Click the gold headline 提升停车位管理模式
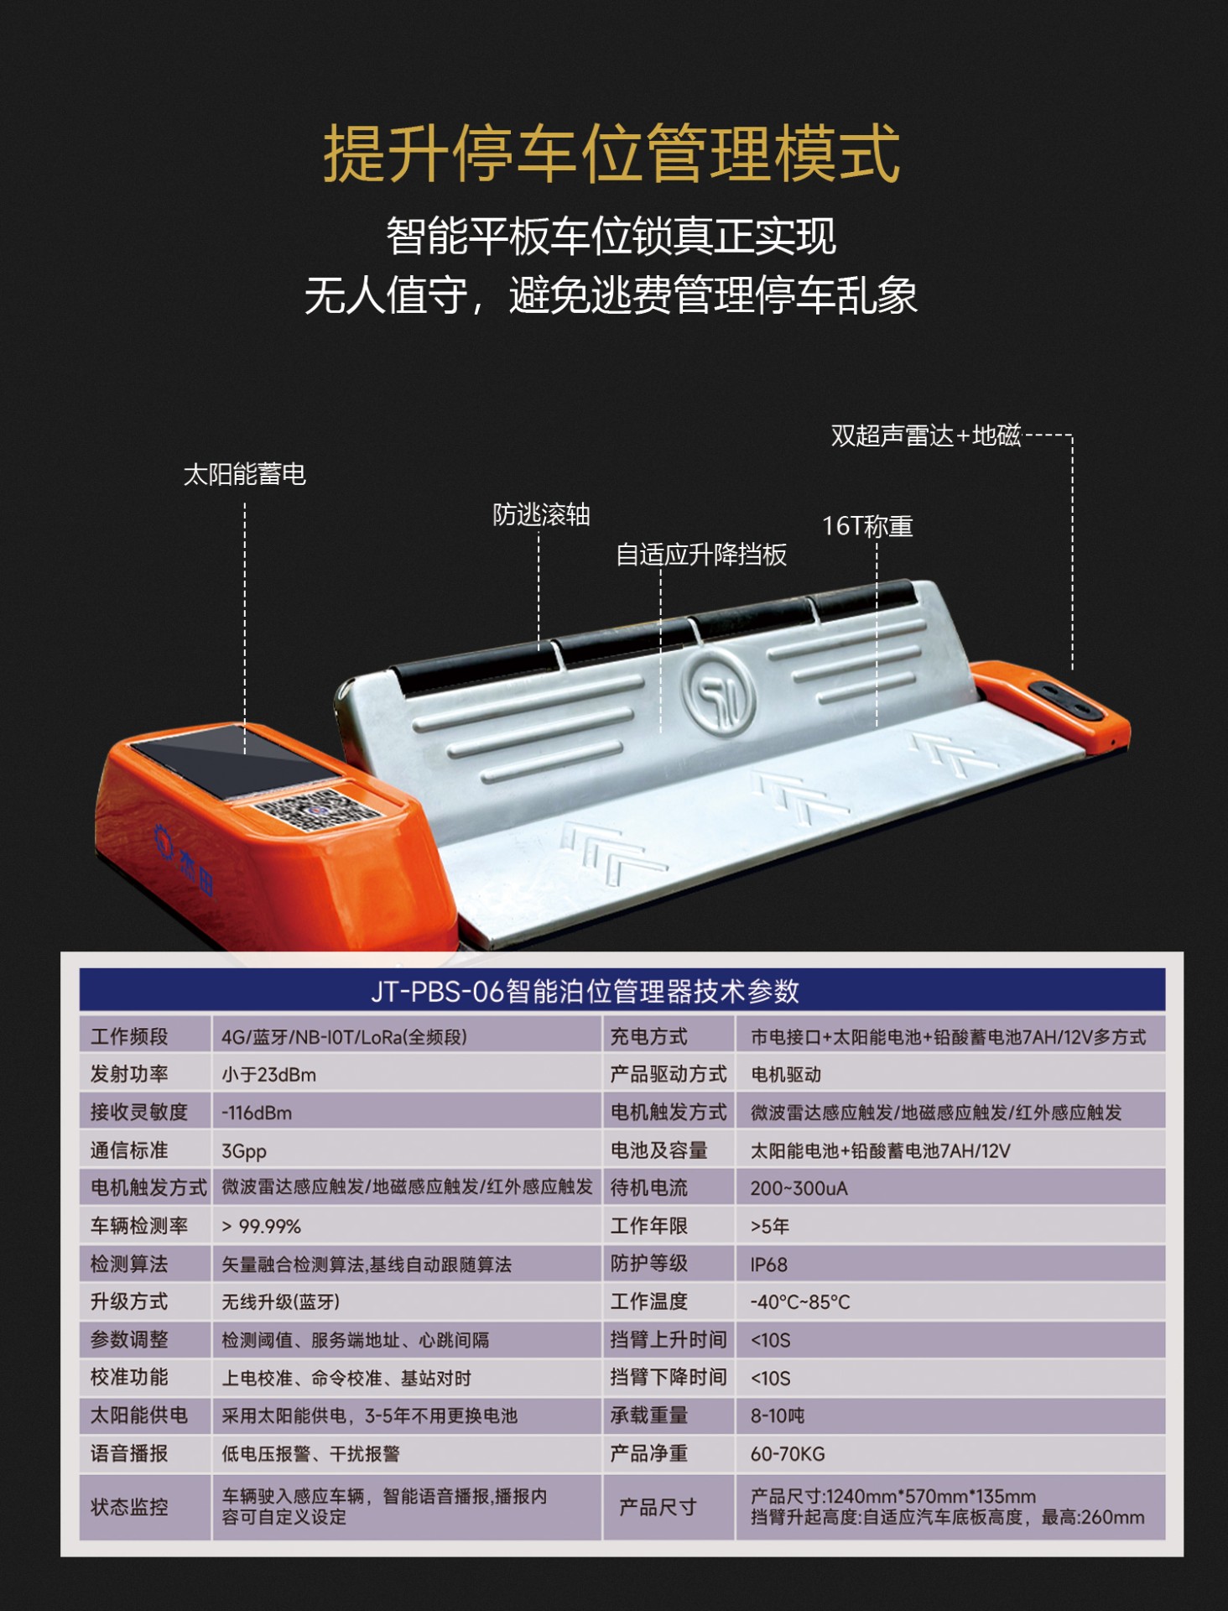click(611, 154)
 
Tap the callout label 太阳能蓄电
click(245, 475)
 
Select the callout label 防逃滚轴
click(541, 514)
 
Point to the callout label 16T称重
click(867, 526)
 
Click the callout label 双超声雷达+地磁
click(926, 435)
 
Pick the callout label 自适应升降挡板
click(701, 555)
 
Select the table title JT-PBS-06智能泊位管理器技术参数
click(585, 992)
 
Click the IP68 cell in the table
click(769, 1264)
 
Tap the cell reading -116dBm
click(257, 1113)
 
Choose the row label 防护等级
click(649, 1264)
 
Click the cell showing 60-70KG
click(788, 1454)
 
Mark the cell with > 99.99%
click(261, 1227)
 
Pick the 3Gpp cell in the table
click(244, 1151)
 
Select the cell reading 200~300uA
click(799, 1189)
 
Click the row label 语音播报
click(129, 1453)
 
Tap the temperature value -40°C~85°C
click(800, 1302)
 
